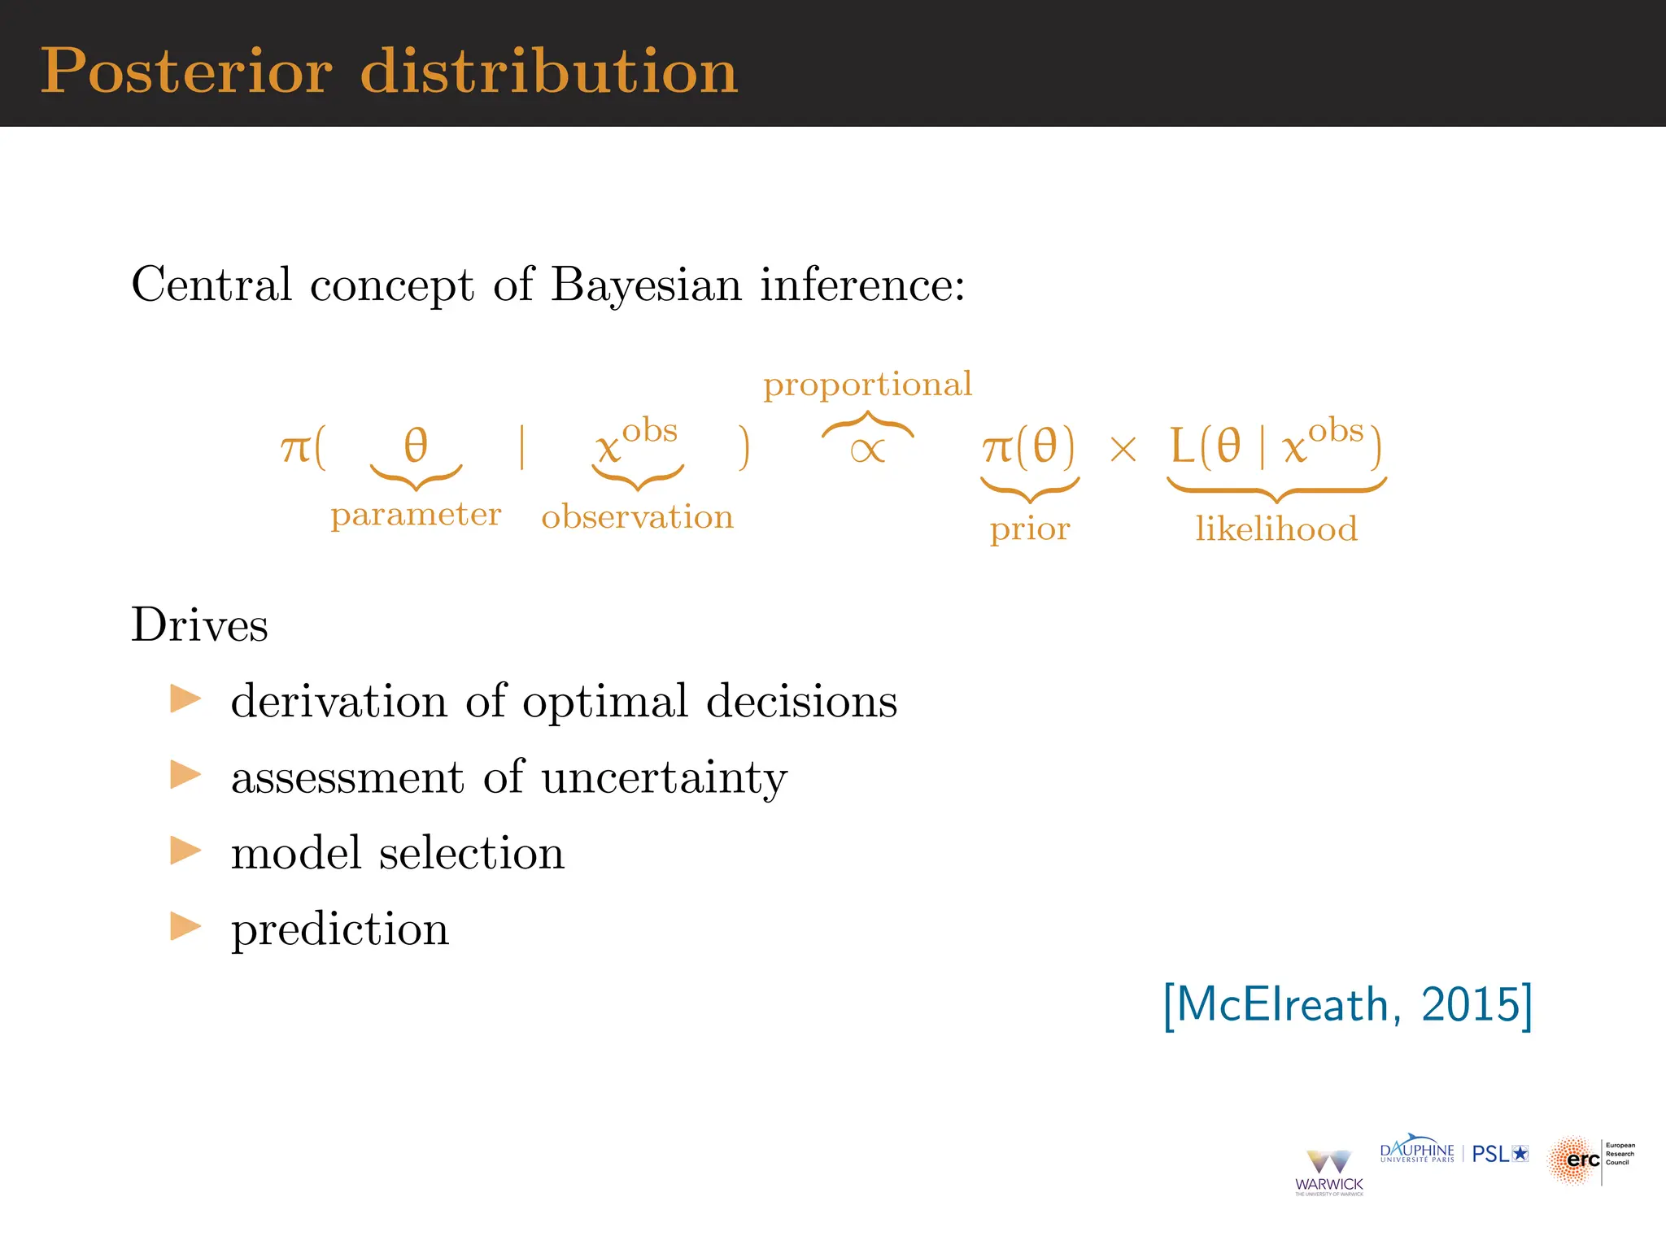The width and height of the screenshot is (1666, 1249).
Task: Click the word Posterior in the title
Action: [x=186, y=72]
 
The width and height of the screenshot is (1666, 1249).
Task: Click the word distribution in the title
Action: [x=549, y=72]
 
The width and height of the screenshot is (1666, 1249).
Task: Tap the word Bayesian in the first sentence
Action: [x=646, y=285]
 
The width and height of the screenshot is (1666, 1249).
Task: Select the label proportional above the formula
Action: [x=867, y=385]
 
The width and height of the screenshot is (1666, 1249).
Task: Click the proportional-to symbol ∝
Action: [x=867, y=450]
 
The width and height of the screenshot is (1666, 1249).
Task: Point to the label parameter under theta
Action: [x=416, y=515]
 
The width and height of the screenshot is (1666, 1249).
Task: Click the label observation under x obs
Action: [x=637, y=517]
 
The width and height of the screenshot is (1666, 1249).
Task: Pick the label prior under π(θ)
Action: [x=1029, y=529]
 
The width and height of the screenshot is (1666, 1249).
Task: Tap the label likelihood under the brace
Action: [x=1276, y=529]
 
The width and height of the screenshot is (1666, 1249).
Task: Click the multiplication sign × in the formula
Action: [x=1123, y=449]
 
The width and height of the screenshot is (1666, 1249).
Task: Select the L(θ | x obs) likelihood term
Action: [x=1275, y=446]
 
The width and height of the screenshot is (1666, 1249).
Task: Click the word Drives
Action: [x=199, y=625]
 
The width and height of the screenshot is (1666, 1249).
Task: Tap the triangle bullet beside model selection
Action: [x=185, y=851]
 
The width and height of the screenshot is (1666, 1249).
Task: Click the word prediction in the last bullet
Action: [x=339, y=929]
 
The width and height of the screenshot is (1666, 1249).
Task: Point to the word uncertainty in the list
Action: [x=664, y=777]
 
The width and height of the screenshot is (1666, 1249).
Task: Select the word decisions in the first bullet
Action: [x=801, y=701]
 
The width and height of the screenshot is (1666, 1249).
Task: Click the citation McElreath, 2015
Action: [x=1347, y=1005]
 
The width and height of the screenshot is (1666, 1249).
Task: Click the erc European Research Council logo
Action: [x=1590, y=1160]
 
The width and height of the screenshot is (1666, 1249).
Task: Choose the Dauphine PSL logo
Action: [x=1454, y=1152]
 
